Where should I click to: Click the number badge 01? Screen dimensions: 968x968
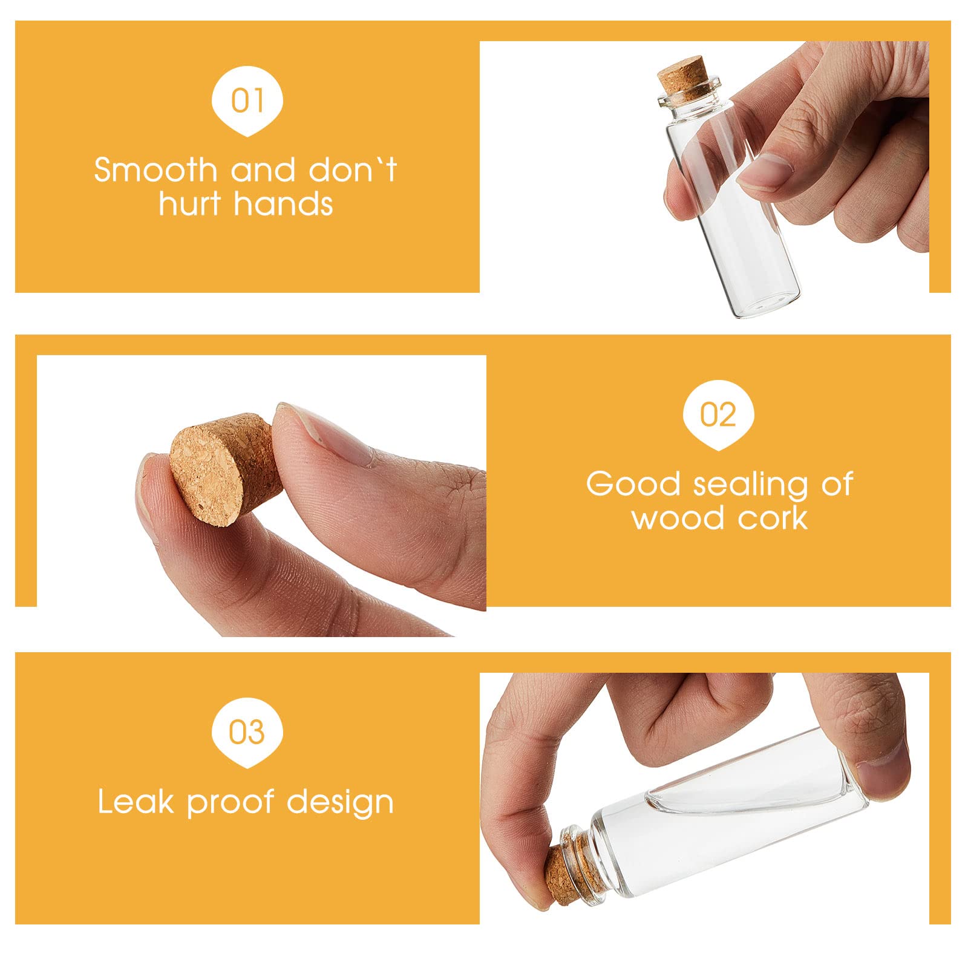pos(247,100)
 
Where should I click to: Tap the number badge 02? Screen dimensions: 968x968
pos(718,415)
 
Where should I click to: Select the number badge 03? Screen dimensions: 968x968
pos(247,732)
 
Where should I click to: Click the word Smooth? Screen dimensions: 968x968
pos(155,170)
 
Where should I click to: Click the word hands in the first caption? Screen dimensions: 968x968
pos(282,203)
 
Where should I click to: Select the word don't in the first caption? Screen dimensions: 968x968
pos(353,170)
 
